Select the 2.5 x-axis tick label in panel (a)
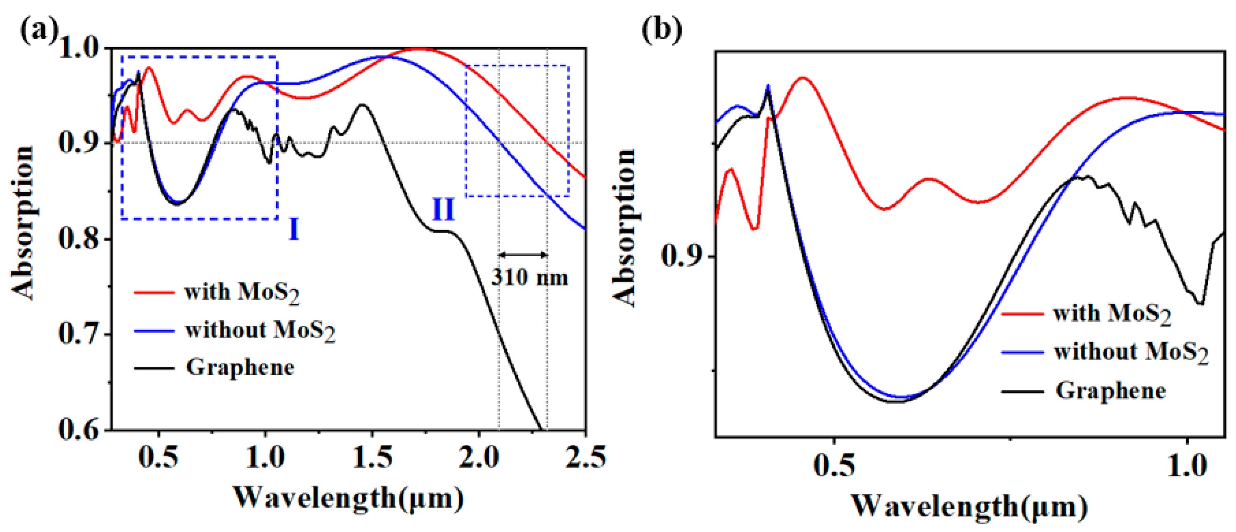coord(585,457)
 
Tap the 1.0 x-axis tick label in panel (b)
coord(1187,465)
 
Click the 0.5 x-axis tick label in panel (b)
coord(834,465)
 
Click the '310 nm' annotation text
coord(529,278)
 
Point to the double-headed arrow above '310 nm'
coord(523,255)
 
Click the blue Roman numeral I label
coord(293,229)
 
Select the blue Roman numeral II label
coord(443,210)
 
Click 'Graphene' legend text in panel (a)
coord(240,368)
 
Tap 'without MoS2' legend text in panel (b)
coord(1131,352)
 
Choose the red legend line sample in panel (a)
coord(154,292)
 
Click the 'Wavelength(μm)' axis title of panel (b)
coord(969,506)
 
